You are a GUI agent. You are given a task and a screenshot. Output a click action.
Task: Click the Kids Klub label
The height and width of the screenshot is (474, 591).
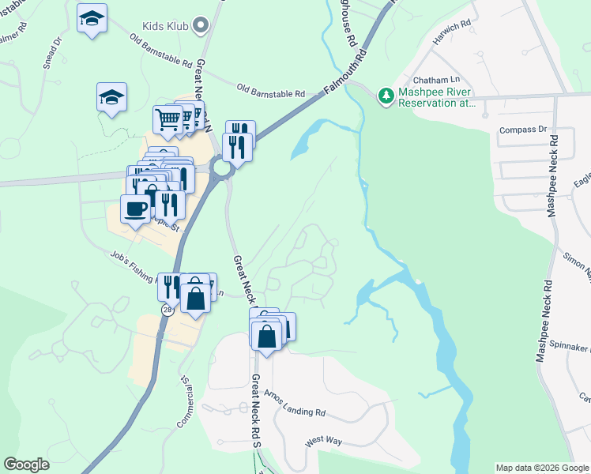(165, 26)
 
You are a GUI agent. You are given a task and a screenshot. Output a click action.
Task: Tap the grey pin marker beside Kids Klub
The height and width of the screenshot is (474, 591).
(201, 26)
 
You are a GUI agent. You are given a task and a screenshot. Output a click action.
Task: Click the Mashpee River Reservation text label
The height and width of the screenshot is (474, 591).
(436, 97)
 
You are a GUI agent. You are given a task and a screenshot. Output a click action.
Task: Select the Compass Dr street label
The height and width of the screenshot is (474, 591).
(523, 129)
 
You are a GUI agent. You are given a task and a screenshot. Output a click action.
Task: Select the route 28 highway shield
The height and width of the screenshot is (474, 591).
(168, 310)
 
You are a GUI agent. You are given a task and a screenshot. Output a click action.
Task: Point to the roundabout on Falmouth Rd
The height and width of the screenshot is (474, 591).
(222, 167)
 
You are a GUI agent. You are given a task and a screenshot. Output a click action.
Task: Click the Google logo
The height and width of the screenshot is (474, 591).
(27, 465)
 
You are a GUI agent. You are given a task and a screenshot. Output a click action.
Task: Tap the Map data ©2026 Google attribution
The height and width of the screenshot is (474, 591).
(542, 468)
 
